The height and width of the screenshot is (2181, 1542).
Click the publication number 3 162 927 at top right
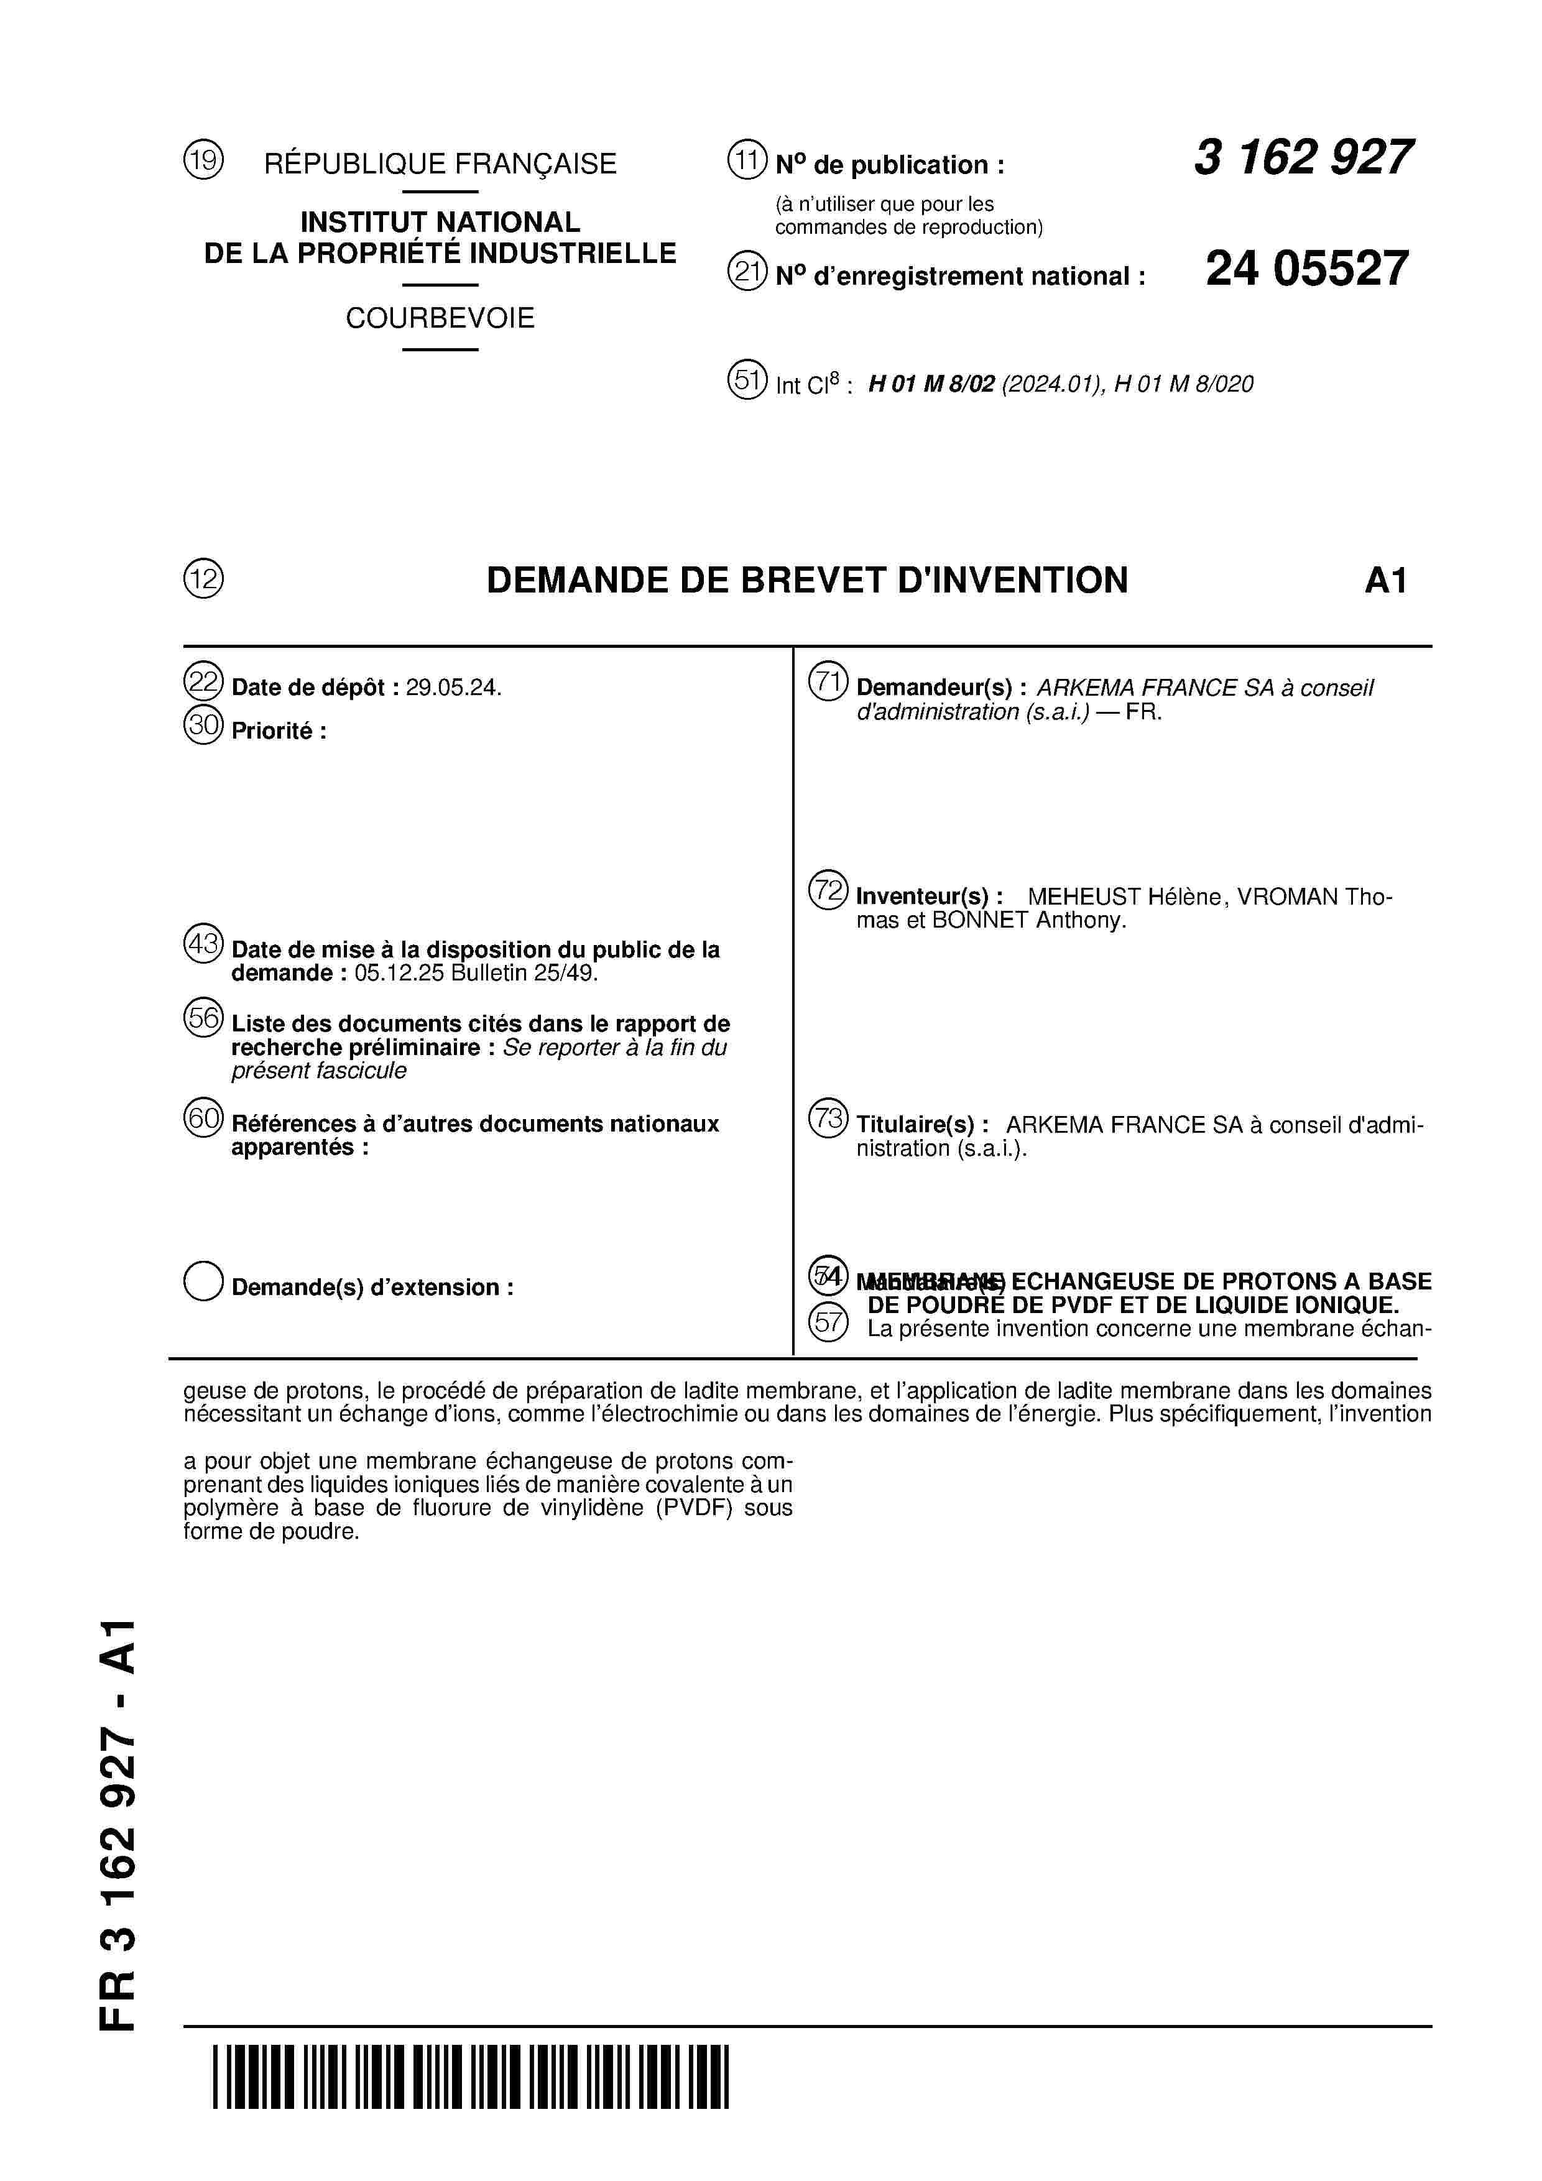1303,158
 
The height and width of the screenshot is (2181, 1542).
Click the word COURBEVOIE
440,318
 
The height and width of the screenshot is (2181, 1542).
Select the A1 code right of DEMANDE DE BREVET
1385,581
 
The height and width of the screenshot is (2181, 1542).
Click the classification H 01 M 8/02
931,384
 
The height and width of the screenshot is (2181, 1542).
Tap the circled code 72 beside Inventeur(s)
828,891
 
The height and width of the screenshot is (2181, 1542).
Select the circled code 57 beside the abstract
828,1321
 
